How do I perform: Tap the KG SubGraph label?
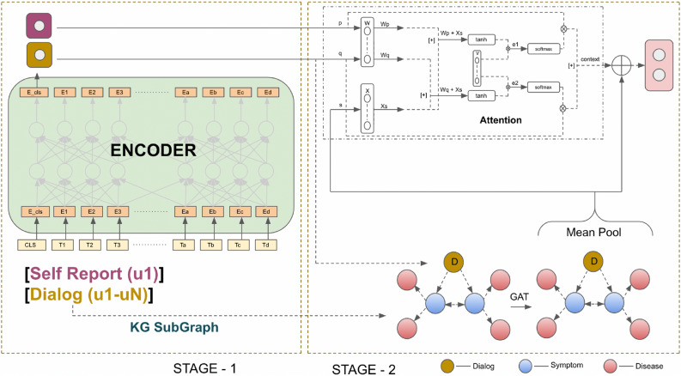pyautogui.click(x=155, y=328)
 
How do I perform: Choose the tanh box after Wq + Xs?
pyautogui.click(x=482, y=96)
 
